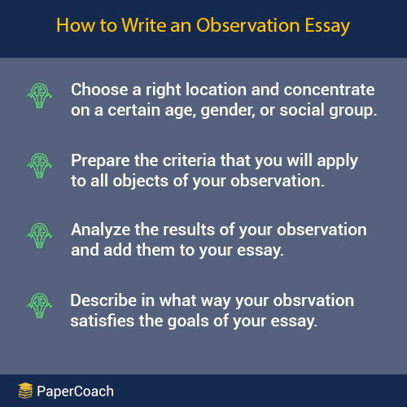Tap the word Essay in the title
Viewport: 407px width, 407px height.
click(x=324, y=26)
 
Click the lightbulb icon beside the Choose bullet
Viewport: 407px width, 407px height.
click(x=38, y=99)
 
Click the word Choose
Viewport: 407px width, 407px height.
click(x=98, y=90)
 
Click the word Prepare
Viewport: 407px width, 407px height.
click(x=99, y=160)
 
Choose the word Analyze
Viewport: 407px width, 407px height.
click(x=99, y=230)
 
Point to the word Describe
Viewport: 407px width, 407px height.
click(x=102, y=300)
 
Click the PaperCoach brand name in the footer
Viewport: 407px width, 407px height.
click(x=76, y=392)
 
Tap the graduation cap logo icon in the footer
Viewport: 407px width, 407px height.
click(x=24, y=391)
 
